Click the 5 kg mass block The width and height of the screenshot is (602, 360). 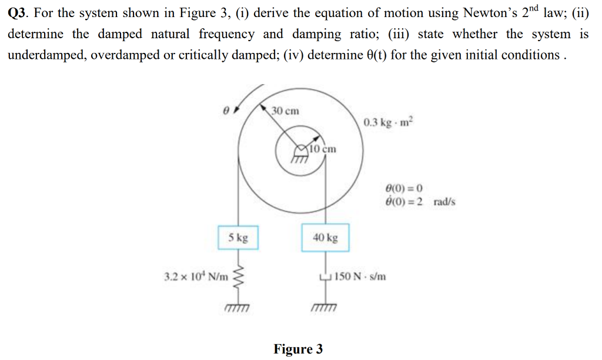click(238, 238)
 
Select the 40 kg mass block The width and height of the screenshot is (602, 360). click(325, 238)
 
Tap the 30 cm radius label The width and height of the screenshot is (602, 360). click(285, 111)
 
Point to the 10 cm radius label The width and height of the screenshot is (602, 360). click(323, 148)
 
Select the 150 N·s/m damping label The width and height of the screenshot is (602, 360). click(360, 276)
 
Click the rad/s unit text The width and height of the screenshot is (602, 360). click(444, 202)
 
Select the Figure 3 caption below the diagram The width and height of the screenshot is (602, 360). click(298, 349)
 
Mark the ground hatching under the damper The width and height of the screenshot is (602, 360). click(325, 308)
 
